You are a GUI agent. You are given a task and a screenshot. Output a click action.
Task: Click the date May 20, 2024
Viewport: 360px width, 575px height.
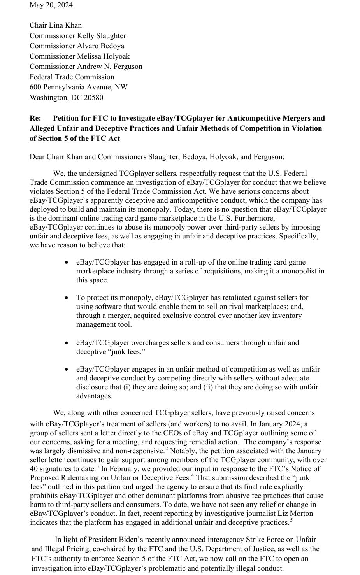(51, 5)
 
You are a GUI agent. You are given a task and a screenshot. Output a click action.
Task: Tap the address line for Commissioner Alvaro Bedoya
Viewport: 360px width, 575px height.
(77, 46)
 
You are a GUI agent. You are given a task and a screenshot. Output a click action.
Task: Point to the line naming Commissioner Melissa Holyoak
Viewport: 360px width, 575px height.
(79, 56)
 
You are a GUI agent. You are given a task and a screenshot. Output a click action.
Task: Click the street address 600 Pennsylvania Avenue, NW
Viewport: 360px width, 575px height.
(78, 87)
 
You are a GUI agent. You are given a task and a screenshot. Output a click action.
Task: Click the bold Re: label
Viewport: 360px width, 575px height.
(35, 118)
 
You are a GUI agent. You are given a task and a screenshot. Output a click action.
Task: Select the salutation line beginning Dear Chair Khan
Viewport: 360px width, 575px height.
(157, 157)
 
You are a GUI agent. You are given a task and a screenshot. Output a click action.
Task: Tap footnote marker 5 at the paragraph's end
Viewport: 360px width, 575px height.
(291, 520)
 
